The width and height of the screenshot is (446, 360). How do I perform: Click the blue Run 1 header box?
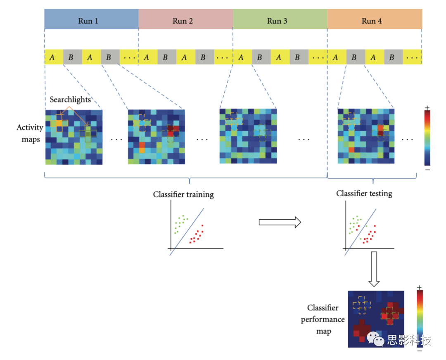[91, 20]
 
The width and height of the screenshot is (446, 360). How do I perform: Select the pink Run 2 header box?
[185, 20]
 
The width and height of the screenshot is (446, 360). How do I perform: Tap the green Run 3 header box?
[280, 20]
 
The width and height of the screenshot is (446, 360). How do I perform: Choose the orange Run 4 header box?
[375, 20]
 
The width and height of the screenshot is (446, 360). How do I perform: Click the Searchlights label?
[70, 99]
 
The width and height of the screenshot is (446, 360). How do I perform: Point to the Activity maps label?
[29, 133]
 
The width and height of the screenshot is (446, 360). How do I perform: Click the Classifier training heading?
[183, 194]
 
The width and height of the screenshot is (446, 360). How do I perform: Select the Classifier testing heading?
[364, 193]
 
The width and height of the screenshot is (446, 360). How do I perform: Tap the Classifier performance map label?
[322, 319]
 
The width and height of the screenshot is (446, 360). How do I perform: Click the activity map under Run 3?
[248, 136]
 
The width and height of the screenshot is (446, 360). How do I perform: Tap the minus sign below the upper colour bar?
[427, 169]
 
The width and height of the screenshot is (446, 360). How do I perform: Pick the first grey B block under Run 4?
[354, 57]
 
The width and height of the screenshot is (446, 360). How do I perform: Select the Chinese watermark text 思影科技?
[409, 340]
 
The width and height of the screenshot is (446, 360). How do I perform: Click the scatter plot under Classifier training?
[194, 231]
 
